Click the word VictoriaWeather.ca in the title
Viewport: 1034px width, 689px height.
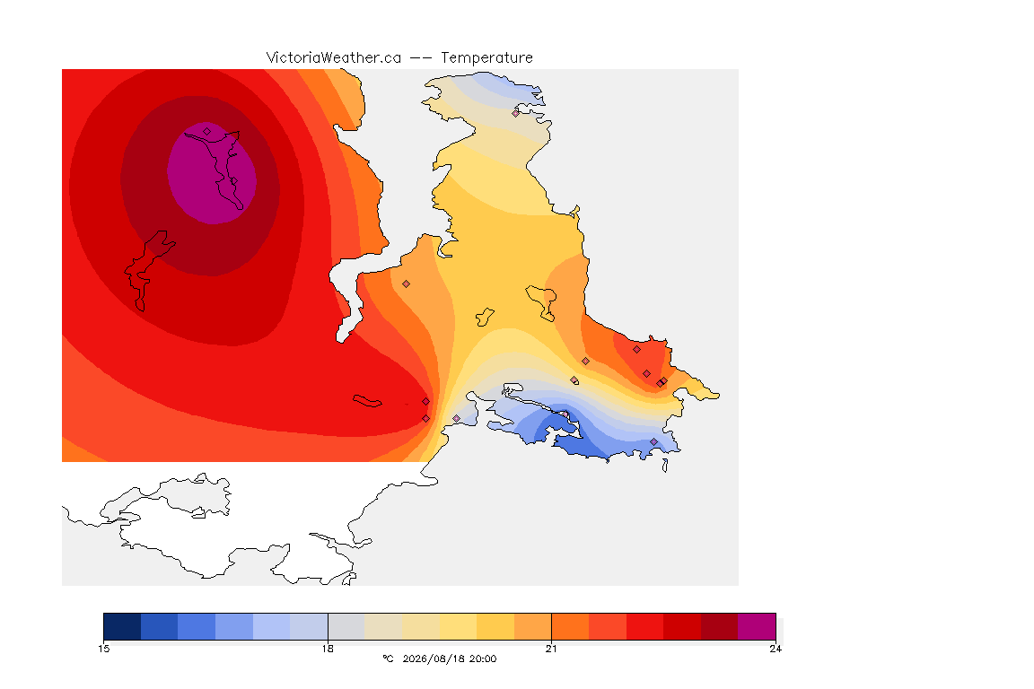pos(334,58)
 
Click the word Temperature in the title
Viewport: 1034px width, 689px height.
pos(486,58)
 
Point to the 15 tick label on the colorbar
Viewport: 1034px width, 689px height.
pos(103,649)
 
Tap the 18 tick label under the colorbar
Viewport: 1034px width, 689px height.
pos(328,649)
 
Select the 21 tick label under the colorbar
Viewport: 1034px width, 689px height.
pos(551,649)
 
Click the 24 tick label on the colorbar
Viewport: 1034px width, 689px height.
pos(775,649)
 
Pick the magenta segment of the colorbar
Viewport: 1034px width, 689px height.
pos(757,626)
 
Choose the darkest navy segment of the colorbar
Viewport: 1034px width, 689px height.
pos(122,626)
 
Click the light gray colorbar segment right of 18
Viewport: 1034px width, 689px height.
pos(346,626)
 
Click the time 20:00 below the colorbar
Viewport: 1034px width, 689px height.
pos(482,658)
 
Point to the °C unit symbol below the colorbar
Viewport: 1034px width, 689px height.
pos(388,658)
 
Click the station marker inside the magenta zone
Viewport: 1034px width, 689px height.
pos(207,132)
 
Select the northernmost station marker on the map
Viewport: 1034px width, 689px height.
pos(516,113)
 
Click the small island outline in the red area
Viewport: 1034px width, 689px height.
pos(367,401)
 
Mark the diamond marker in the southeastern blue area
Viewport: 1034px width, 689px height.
pos(653,441)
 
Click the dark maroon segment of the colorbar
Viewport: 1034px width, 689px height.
pos(720,626)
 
